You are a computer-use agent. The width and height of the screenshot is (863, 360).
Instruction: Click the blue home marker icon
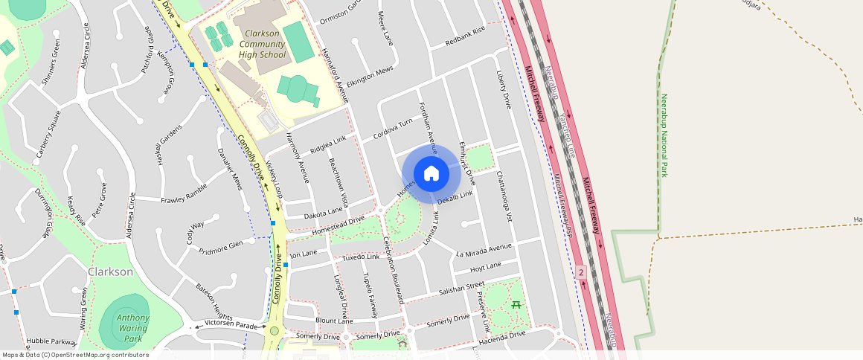pyautogui.click(x=431, y=174)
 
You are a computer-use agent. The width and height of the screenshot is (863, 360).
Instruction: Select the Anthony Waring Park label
pyautogui.click(x=132, y=328)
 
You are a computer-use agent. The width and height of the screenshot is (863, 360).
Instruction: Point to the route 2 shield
pyautogui.click(x=581, y=273)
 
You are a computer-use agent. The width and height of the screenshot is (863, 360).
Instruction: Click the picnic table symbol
pyautogui.click(x=516, y=305)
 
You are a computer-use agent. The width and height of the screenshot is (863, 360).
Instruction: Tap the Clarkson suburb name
pyautogui.click(x=110, y=271)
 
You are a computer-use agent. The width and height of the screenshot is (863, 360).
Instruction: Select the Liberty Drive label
pyautogui.click(x=504, y=90)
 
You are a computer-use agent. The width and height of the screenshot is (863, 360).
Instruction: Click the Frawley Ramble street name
pyautogui.click(x=184, y=196)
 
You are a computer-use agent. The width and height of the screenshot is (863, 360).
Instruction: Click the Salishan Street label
pyautogui.click(x=461, y=287)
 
